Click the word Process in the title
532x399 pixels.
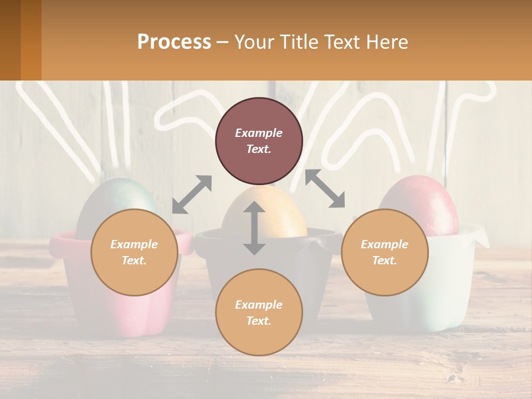174,42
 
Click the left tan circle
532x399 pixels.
134,252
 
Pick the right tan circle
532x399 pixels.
385,252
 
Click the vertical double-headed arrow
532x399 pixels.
254,228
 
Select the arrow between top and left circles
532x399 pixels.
192,194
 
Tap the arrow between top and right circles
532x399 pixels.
325,189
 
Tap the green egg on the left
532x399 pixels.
111,199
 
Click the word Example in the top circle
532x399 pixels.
259,133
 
